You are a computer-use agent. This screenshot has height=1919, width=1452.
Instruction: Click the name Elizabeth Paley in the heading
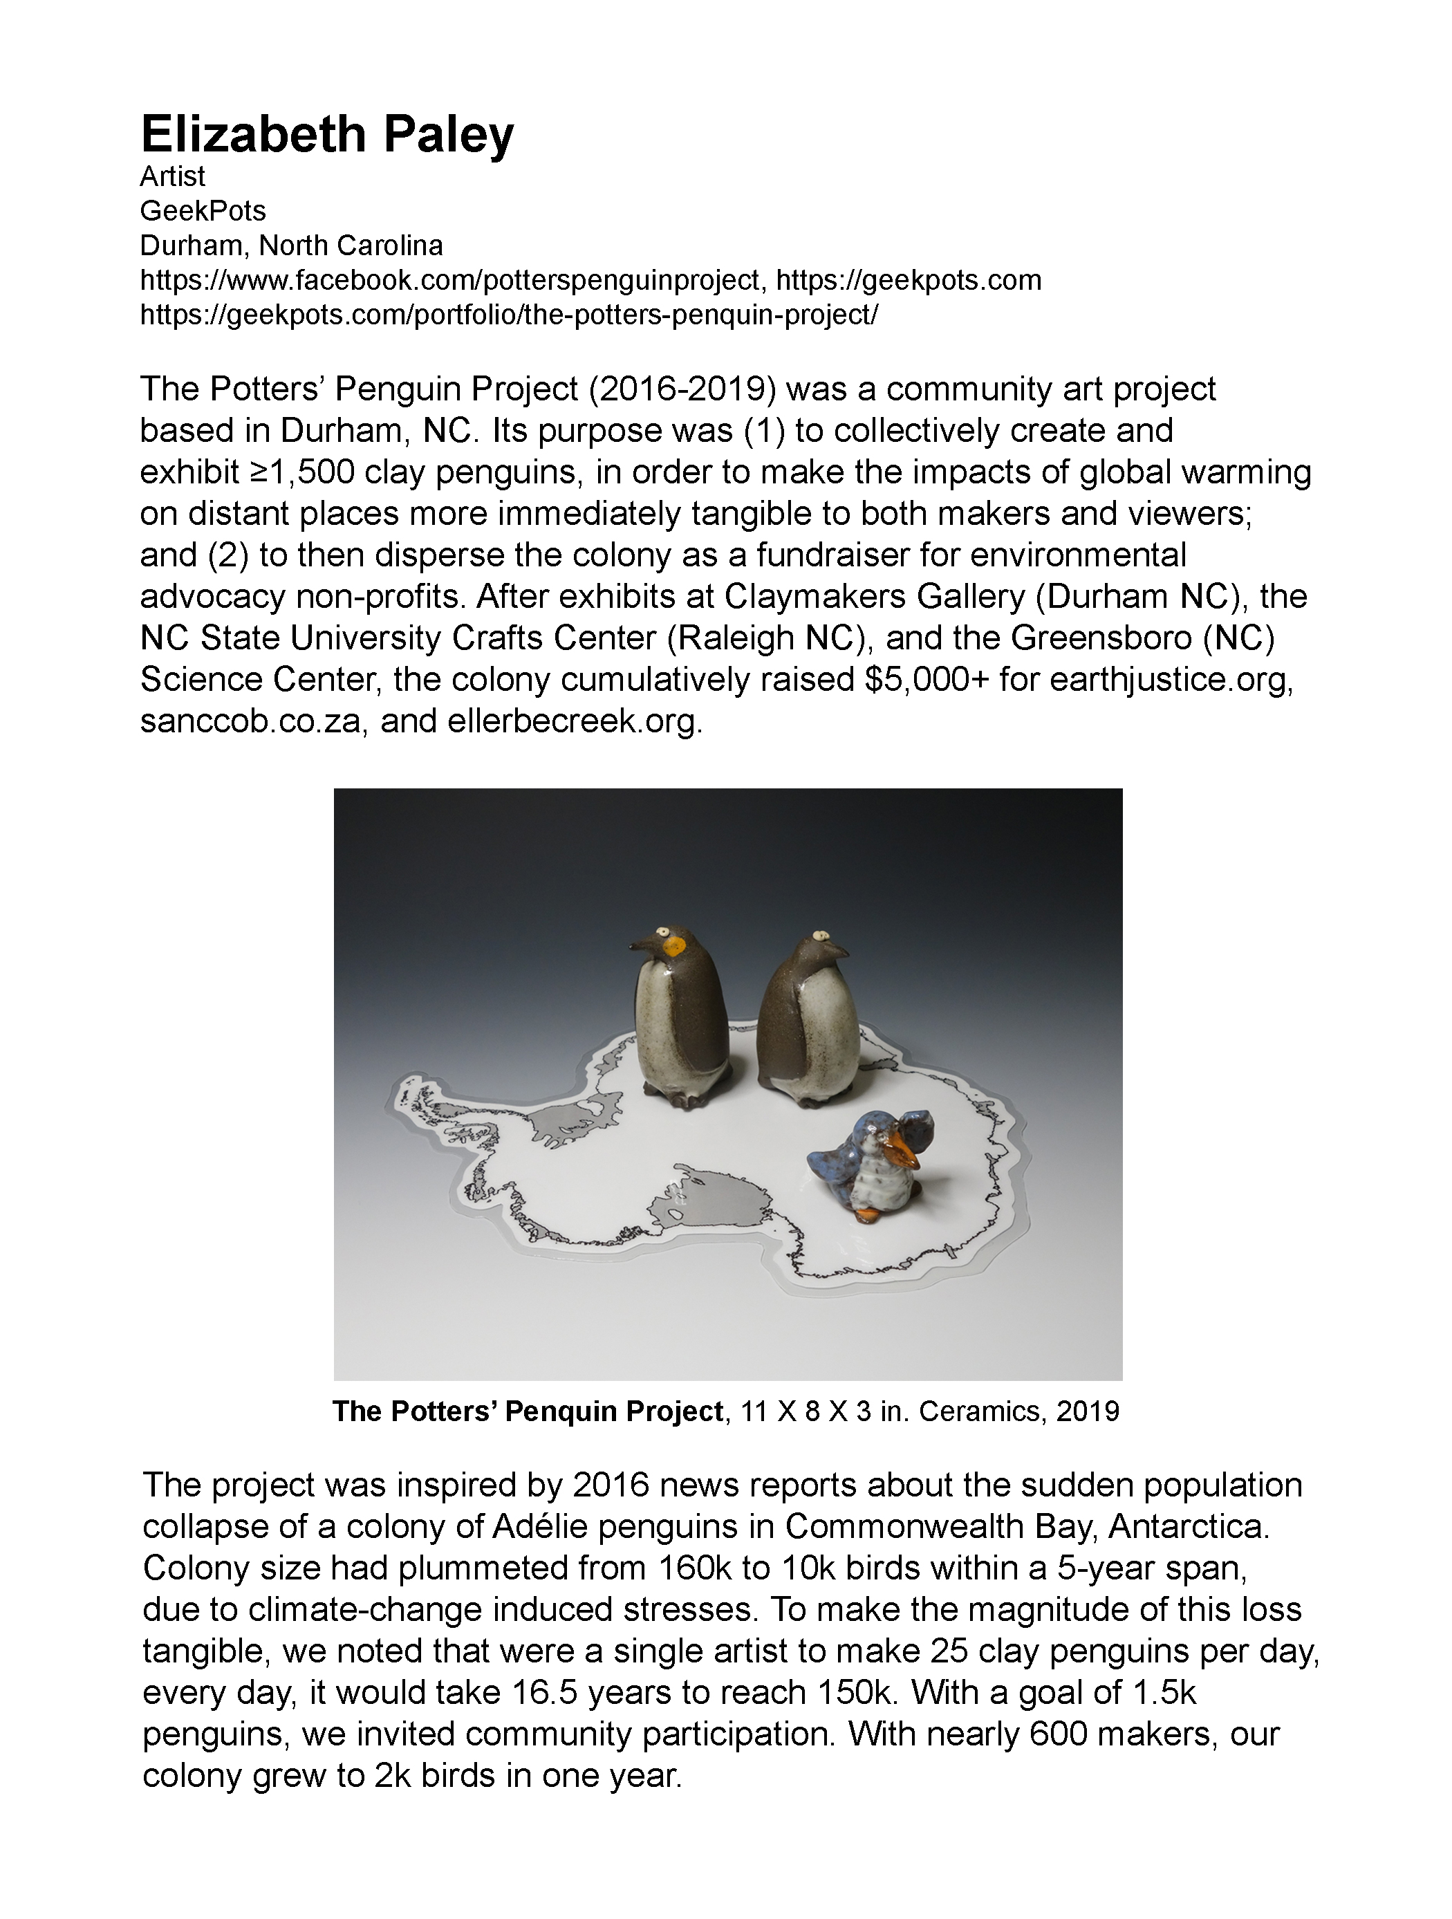[327, 134]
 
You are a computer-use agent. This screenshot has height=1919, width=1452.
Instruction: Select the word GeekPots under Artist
[203, 211]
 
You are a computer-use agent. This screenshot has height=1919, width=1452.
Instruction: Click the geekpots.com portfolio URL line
[508, 315]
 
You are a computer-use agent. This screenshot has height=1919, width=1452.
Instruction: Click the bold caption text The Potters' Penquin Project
[528, 1411]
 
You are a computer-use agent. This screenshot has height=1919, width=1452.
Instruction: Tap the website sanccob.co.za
[250, 722]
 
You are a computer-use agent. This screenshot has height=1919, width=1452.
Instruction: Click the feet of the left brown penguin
[685, 1100]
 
